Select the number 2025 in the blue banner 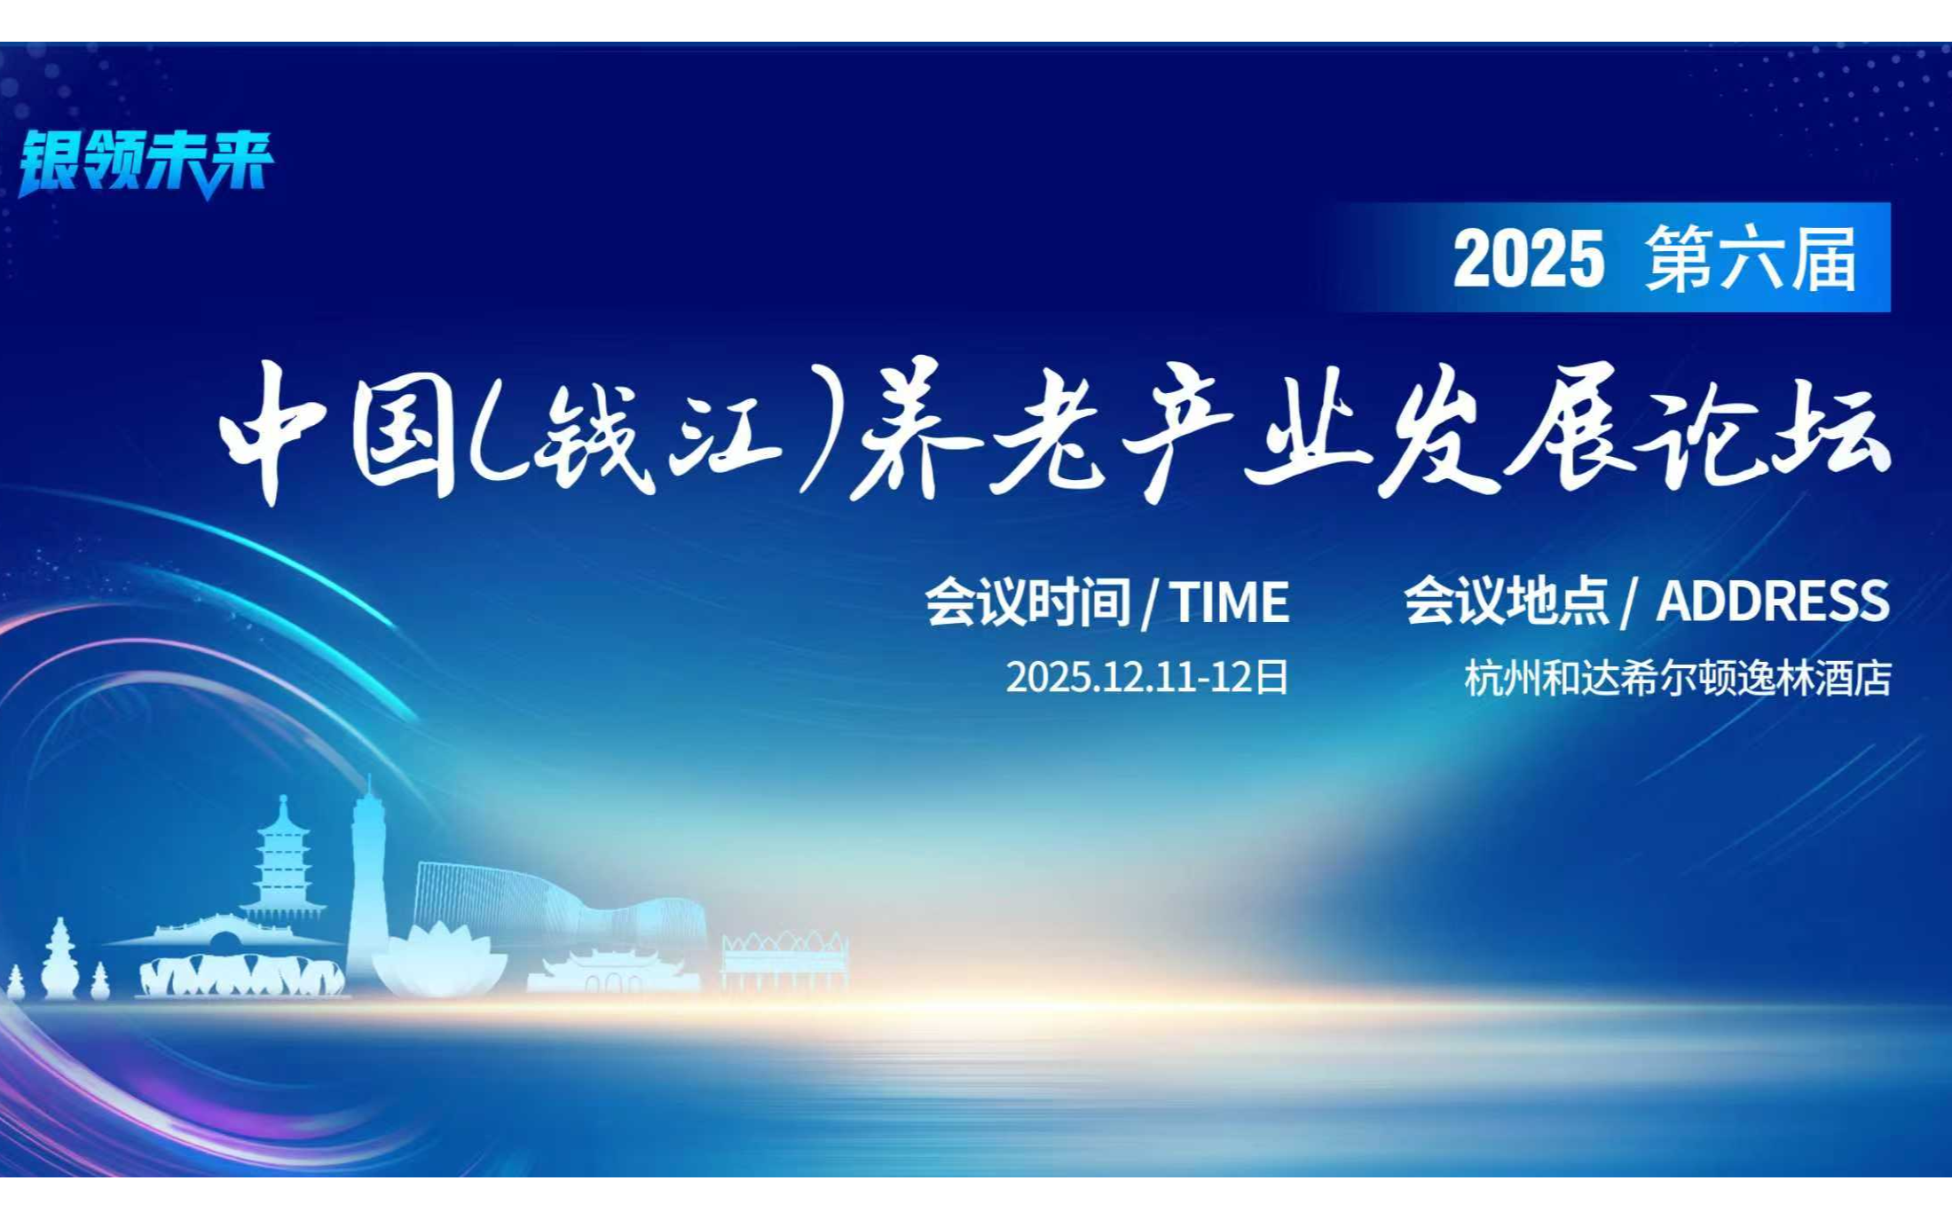point(1528,258)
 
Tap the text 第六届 point(1751,258)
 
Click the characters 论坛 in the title point(1761,432)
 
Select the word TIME point(1230,602)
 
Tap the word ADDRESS point(1773,601)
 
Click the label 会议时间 point(1027,602)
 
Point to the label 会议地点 point(1507,601)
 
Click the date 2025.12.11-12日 point(1147,677)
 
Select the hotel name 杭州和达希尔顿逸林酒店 point(1678,679)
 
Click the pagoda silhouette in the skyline point(282,865)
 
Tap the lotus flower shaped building point(439,960)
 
